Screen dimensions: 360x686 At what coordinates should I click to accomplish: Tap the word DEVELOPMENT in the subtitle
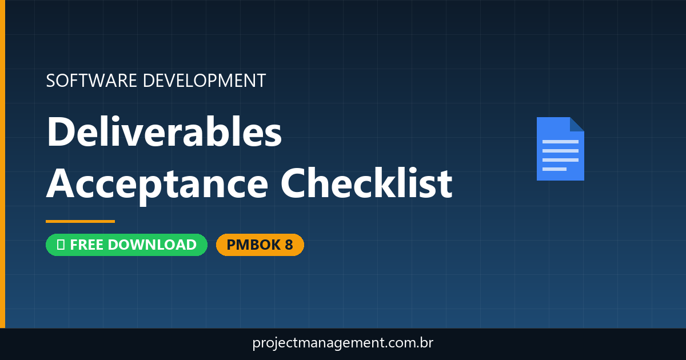pos(204,81)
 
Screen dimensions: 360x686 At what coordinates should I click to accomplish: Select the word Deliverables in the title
pos(165,132)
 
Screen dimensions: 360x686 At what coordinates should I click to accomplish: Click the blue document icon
pos(560,150)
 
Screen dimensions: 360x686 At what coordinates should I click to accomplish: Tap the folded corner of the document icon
pos(577,124)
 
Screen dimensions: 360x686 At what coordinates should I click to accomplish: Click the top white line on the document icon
pos(560,141)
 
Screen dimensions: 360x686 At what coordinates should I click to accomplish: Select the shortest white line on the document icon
pos(554,169)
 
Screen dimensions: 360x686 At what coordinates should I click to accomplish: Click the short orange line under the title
pos(80,221)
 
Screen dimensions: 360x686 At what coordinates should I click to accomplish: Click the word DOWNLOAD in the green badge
pos(152,245)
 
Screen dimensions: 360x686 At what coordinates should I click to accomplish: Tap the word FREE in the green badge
pos(87,245)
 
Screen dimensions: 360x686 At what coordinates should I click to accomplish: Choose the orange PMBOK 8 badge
pos(260,245)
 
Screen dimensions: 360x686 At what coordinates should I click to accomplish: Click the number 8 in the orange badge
pos(288,245)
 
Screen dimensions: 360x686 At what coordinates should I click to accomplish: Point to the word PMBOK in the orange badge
pos(253,245)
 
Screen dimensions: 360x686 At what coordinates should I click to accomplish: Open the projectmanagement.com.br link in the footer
pos(343,343)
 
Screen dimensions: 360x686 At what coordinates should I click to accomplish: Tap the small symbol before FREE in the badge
pos(61,245)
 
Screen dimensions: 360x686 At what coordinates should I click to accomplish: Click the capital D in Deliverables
pos(62,132)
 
